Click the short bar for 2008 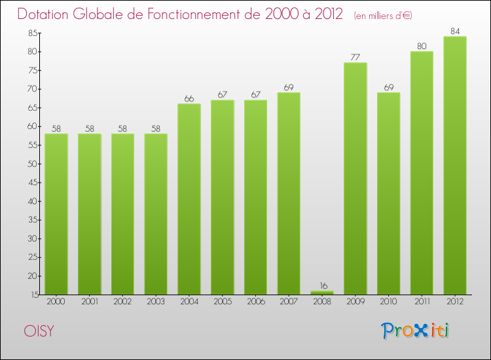(x=322, y=293)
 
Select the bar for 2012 (x=455, y=166)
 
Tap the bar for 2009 (x=355, y=179)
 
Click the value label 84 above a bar (x=455, y=31)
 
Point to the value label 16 (x=322, y=285)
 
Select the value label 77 (x=355, y=57)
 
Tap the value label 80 (x=422, y=46)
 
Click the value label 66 (x=189, y=98)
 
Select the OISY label (x=39, y=331)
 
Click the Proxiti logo (x=416, y=330)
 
